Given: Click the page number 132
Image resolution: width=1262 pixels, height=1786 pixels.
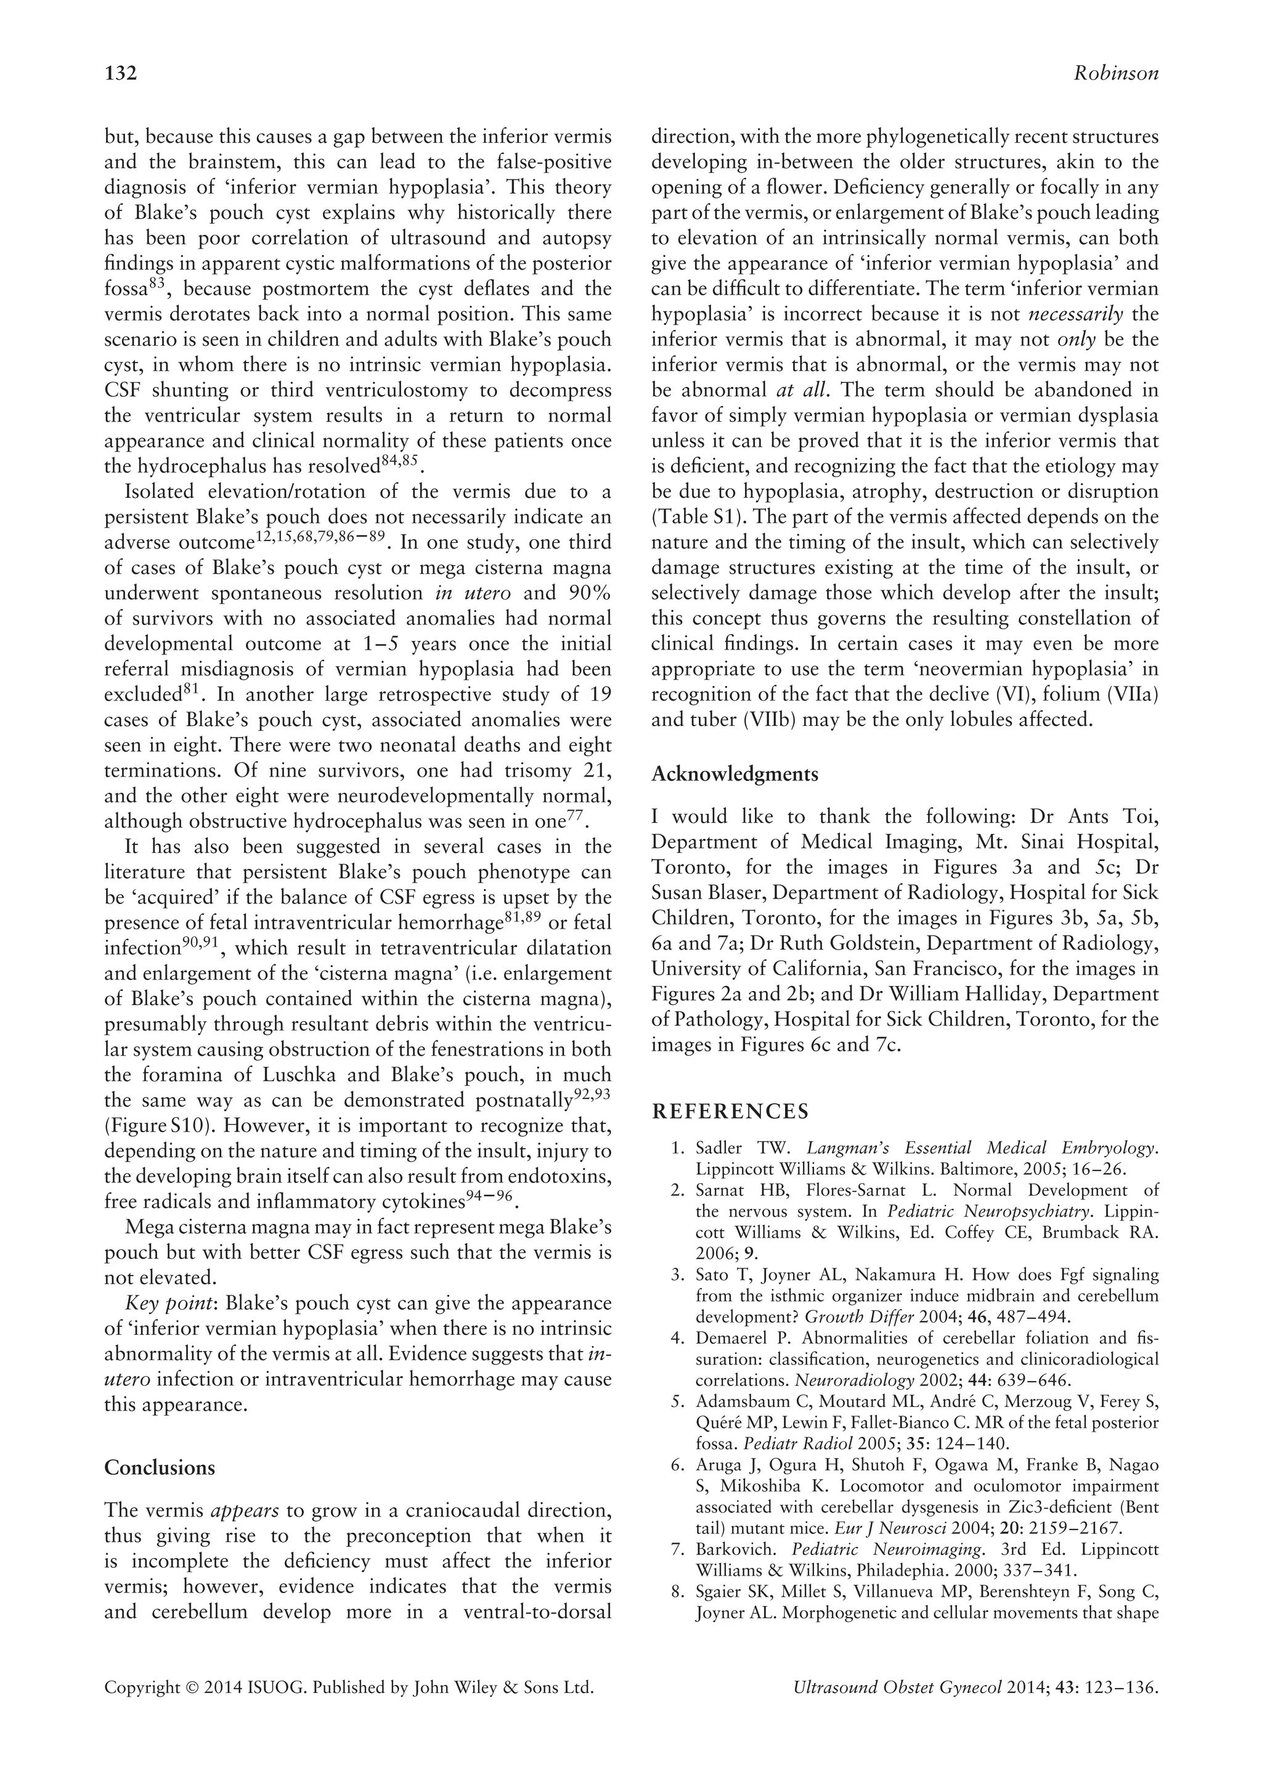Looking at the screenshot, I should [x=121, y=74].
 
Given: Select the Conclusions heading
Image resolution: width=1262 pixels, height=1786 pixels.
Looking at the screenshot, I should [x=160, y=1468].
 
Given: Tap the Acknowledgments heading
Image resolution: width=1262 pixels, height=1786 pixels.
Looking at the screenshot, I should [x=734, y=774].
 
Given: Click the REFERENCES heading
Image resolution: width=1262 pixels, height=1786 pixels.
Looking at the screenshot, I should [x=730, y=1112].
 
